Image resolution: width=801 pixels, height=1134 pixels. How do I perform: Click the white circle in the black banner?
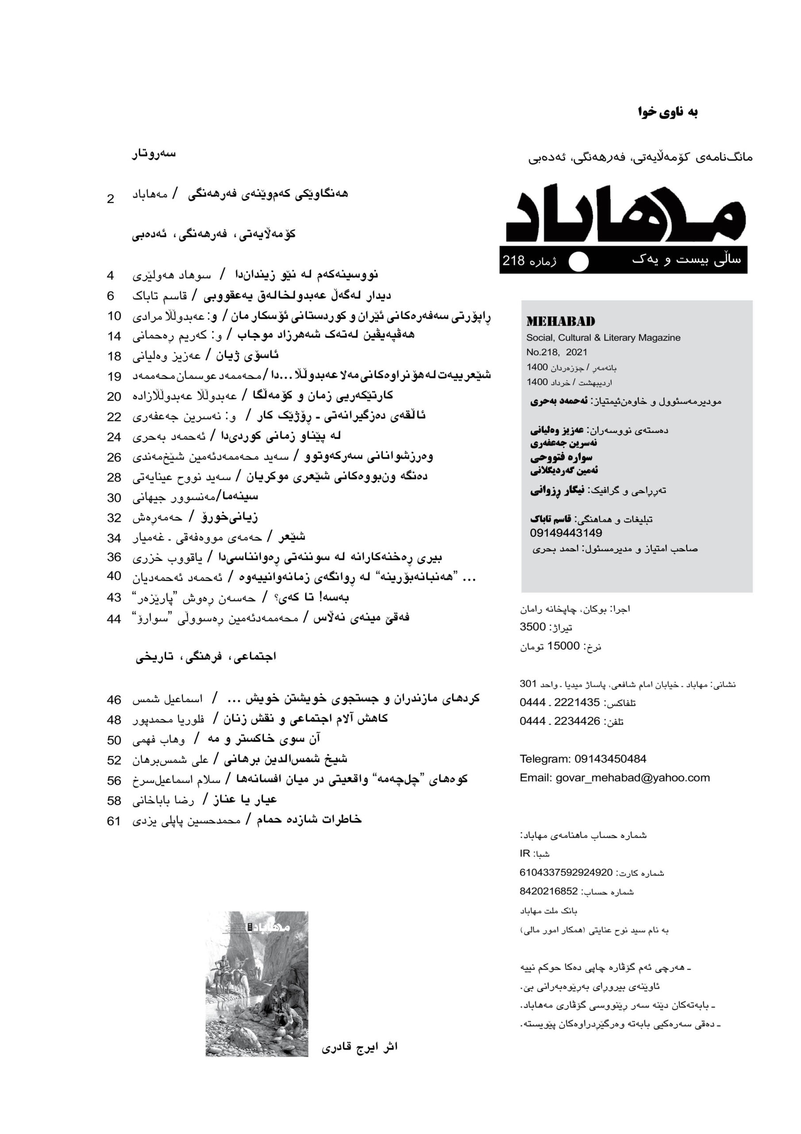(x=578, y=262)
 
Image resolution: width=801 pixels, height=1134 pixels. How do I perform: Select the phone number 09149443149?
(x=566, y=533)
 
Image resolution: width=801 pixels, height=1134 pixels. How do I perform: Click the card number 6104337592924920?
(x=566, y=873)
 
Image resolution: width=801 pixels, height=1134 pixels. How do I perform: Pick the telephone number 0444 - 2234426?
(x=560, y=722)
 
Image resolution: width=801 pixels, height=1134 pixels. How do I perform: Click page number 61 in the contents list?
(x=114, y=821)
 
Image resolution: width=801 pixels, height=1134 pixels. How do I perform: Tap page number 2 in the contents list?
(x=111, y=199)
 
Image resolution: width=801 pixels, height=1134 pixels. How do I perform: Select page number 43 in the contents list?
(x=114, y=598)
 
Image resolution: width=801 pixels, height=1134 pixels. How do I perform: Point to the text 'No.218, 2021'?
(x=556, y=353)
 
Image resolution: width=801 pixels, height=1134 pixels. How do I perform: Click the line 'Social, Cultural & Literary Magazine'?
(x=603, y=338)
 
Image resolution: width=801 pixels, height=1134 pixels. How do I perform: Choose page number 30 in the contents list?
(x=114, y=498)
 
